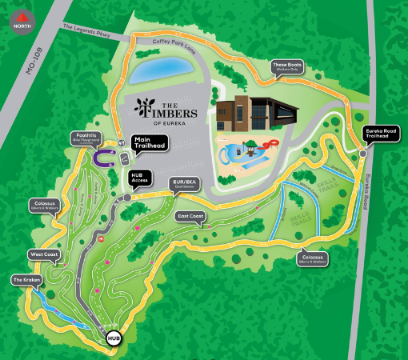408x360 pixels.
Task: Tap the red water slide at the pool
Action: [x=270, y=145]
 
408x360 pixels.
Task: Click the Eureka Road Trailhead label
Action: [x=380, y=134]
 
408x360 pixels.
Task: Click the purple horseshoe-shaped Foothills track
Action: [x=102, y=158]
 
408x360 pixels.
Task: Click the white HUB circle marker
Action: [x=114, y=338]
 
